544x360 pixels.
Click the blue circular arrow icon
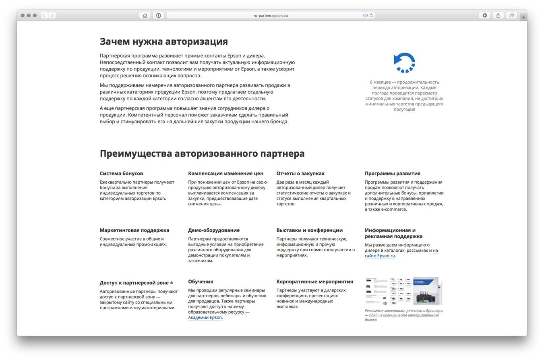click(x=404, y=62)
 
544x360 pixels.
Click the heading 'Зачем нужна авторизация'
click(x=163, y=41)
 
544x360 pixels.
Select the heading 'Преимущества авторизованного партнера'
click(x=202, y=153)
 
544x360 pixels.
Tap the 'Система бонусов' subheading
click(x=121, y=174)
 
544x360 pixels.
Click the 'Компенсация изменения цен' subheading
click(x=225, y=174)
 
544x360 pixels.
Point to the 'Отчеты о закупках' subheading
click(x=300, y=174)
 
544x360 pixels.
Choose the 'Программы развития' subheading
click(x=393, y=174)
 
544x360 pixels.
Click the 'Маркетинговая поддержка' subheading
click(x=134, y=230)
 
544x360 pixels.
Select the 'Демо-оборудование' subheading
click(x=214, y=230)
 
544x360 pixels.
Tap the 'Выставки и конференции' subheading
click(x=310, y=230)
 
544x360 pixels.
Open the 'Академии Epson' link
click(x=205, y=317)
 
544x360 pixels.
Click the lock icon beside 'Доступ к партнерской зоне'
click(x=172, y=283)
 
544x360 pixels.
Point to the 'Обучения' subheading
click(x=201, y=281)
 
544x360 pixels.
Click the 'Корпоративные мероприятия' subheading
click(x=314, y=281)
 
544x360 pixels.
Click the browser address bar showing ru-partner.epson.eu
click(x=271, y=15)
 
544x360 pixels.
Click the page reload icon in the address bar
click(x=371, y=15)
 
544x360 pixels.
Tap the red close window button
click(x=23, y=15)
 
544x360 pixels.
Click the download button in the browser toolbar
click(x=484, y=15)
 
